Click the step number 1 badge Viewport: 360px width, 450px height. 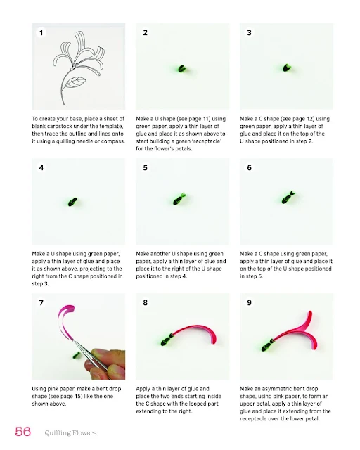41,33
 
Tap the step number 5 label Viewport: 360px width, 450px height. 146,167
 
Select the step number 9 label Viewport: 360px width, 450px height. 249,303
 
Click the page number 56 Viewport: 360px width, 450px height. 23,431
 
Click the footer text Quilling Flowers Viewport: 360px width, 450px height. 70,433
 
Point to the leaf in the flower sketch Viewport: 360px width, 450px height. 75,82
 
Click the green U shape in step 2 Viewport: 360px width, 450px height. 181,69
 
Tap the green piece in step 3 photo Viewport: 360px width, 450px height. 286,68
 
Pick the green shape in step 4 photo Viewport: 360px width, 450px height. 72,202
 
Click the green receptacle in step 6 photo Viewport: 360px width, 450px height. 288,197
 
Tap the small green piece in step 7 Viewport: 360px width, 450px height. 77,356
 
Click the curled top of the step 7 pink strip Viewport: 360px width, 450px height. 69,309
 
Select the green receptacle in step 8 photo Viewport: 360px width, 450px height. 167,339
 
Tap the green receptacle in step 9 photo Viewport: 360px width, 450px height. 268,345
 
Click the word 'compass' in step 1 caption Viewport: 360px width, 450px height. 114,141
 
